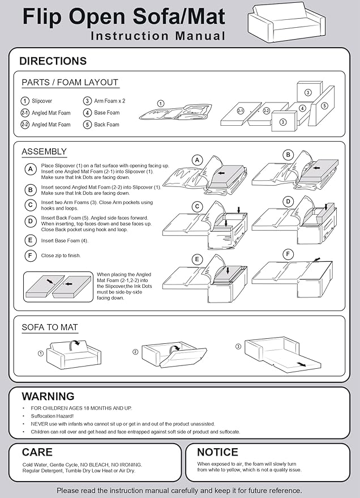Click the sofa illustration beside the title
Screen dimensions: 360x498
click(286, 22)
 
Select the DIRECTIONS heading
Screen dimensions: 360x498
click(53, 61)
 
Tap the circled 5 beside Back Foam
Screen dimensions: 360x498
click(87, 125)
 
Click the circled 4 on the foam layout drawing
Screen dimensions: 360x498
click(302, 108)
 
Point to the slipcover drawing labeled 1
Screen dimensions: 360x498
click(175, 112)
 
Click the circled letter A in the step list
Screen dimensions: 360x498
click(31, 169)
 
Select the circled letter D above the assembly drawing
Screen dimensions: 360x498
click(288, 201)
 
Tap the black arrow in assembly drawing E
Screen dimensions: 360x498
click(228, 271)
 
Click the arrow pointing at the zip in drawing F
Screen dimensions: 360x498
click(316, 259)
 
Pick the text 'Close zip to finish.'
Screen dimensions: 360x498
click(61, 256)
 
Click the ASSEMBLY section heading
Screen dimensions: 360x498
click(44, 151)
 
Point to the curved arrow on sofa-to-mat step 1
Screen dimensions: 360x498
click(75, 344)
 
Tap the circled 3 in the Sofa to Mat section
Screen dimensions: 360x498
click(238, 347)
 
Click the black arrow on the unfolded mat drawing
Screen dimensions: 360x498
click(302, 364)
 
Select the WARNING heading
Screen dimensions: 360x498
click(48, 397)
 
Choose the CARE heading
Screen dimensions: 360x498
click(37, 452)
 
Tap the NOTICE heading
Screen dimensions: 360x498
click(217, 452)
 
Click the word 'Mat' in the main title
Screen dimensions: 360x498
click(205, 16)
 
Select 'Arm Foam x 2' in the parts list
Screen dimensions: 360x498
click(109, 101)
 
